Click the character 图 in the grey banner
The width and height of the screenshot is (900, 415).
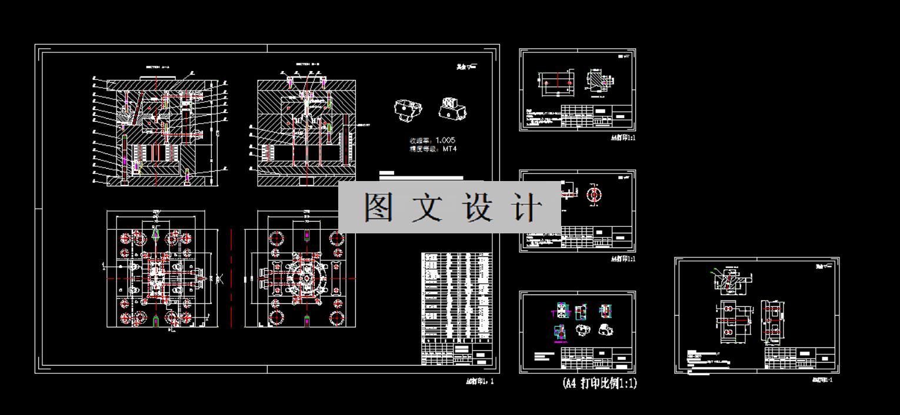coord(379,207)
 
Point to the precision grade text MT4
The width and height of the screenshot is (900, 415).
coord(449,149)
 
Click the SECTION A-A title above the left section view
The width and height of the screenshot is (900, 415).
coord(157,68)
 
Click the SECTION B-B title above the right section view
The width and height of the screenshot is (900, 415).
coord(306,63)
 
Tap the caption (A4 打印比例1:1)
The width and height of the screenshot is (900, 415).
coord(599,384)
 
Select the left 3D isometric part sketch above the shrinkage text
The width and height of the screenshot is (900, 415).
coord(408,110)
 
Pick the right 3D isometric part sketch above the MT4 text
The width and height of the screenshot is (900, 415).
coord(452,109)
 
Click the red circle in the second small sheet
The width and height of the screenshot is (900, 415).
coord(595,193)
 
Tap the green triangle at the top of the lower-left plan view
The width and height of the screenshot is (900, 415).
coord(156,233)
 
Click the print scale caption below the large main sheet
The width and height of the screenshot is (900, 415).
coord(480,381)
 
